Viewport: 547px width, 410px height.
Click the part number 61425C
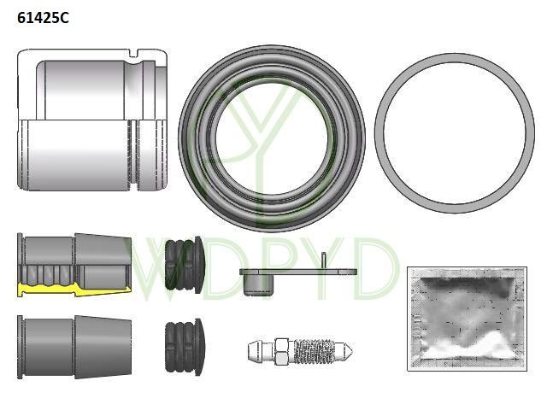point(43,18)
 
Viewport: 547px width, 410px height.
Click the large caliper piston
point(92,120)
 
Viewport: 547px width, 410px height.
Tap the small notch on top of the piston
point(133,53)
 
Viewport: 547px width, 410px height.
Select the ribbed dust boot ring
point(272,138)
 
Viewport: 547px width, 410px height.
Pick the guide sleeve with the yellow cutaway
point(74,265)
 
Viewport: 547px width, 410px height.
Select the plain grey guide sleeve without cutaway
point(74,347)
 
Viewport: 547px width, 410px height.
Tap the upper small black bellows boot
point(185,265)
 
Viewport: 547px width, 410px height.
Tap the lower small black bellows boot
point(185,347)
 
